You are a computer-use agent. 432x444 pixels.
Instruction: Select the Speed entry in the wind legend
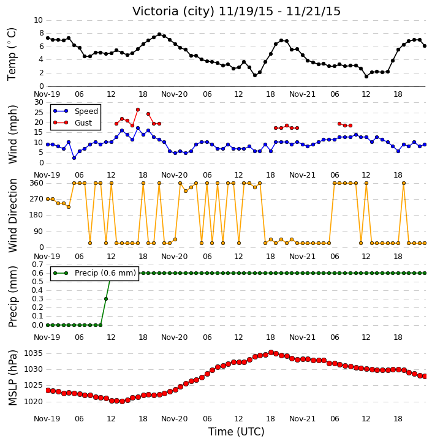pyautogui.click(x=76, y=111)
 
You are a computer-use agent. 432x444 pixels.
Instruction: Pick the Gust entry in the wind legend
pyautogui.click(x=73, y=122)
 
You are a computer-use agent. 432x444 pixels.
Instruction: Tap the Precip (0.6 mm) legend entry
pyautogui.click(x=94, y=273)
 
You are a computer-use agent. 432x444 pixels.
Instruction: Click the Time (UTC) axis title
pyautogui.click(x=237, y=432)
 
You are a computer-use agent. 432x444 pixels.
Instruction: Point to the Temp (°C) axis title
pyautogui.click(x=12, y=54)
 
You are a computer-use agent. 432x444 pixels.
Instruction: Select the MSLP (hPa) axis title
pyautogui.click(x=12, y=377)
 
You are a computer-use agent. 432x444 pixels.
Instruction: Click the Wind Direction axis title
pyautogui.click(x=12, y=216)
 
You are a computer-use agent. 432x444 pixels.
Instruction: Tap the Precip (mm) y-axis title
pyautogui.click(x=12, y=296)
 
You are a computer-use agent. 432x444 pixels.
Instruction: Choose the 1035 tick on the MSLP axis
pyautogui.click(x=33, y=353)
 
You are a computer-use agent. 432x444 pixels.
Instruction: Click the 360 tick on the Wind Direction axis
pyautogui.click(x=37, y=183)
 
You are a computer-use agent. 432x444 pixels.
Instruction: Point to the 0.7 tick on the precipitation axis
pyautogui.click(x=37, y=265)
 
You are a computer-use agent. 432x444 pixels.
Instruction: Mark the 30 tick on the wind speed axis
pyautogui.click(x=39, y=102)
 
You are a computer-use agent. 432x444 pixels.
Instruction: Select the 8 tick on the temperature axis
pyautogui.click(x=42, y=33)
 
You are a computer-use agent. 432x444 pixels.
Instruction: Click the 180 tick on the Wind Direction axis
pyautogui.click(x=37, y=215)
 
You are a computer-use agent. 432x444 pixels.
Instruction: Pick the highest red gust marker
pyautogui.click(x=138, y=110)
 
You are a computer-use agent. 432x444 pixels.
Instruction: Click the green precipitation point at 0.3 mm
pyautogui.click(x=106, y=299)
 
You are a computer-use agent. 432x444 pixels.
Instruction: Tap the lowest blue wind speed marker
pyautogui.click(x=74, y=158)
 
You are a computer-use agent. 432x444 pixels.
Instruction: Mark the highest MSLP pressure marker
pyautogui.click(x=271, y=353)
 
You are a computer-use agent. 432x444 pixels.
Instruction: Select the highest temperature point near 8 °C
pyautogui.click(x=159, y=34)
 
